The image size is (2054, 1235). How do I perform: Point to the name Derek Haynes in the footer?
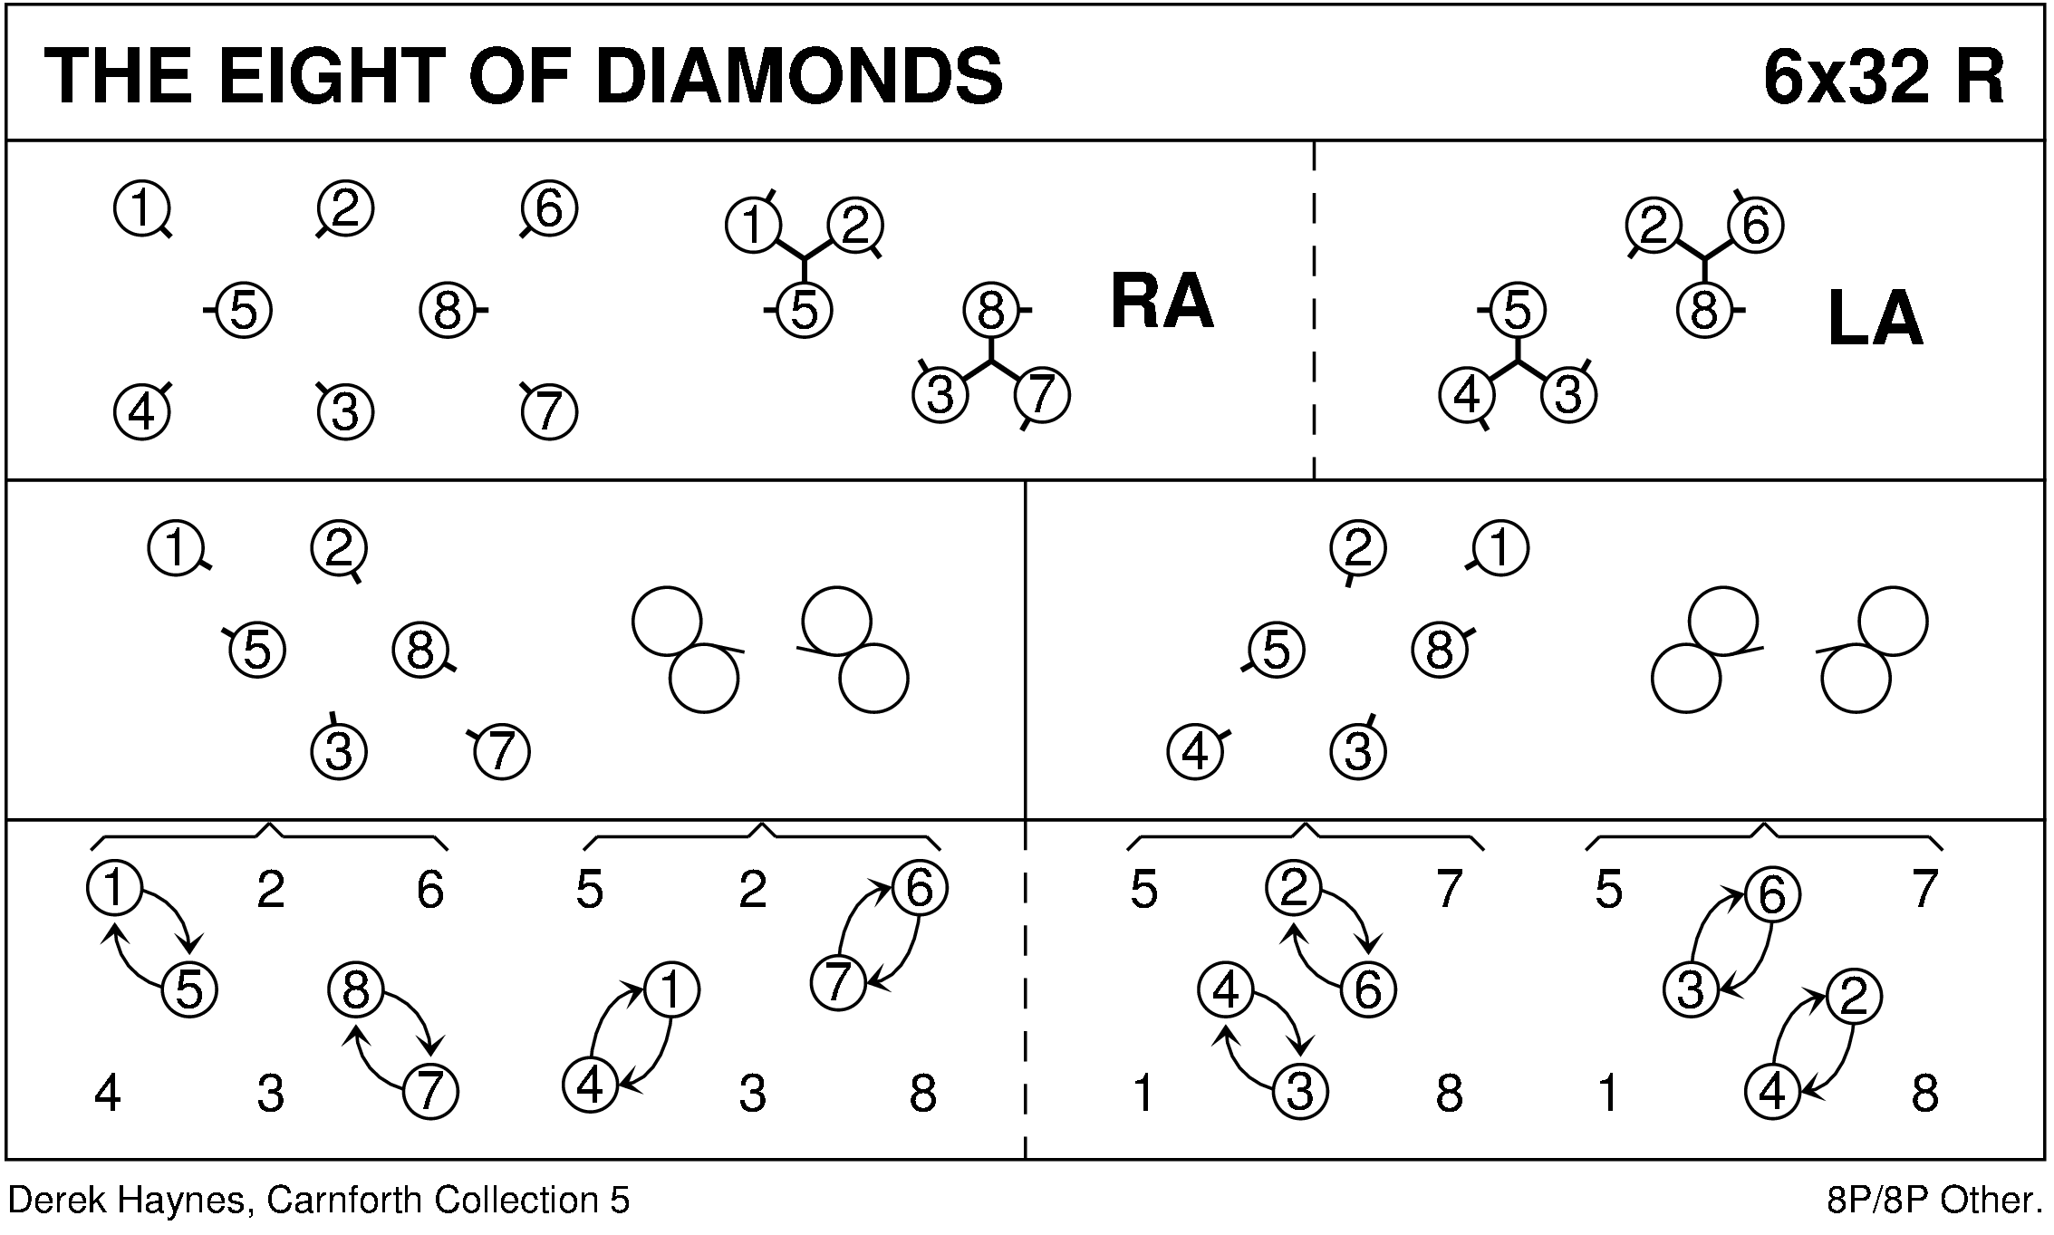(x=127, y=1201)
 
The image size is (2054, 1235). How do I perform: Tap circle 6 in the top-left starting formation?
(x=550, y=209)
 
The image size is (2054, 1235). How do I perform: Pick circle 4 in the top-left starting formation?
(x=142, y=412)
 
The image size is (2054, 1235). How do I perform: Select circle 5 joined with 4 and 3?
(x=1517, y=311)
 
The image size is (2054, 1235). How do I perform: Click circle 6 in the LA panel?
(x=1755, y=226)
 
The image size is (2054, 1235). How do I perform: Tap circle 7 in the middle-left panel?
(x=502, y=751)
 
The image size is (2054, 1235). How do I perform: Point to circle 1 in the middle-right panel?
(x=1500, y=549)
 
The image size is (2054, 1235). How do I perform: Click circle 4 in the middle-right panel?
(x=1196, y=751)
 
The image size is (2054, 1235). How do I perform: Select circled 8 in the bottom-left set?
(x=356, y=989)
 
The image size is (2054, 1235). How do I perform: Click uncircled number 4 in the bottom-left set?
(x=108, y=1094)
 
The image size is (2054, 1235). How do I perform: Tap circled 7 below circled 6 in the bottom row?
(x=838, y=982)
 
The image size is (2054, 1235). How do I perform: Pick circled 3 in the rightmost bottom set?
(x=1691, y=989)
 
